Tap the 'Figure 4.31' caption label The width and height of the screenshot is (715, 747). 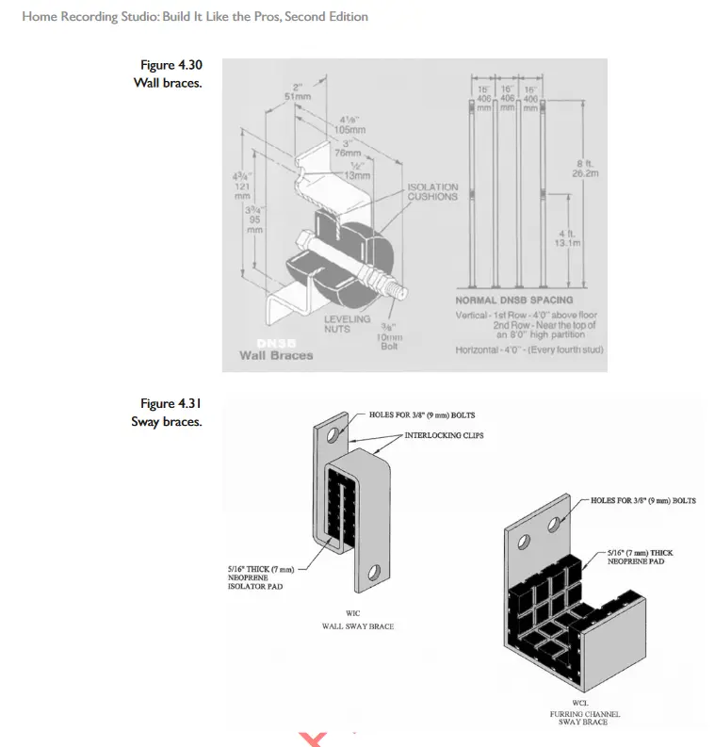(171, 404)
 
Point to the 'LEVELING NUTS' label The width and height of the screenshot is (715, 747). (347, 324)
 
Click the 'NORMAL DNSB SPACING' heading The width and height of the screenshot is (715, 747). (513, 300)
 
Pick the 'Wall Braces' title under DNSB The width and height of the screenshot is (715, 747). (276, 355)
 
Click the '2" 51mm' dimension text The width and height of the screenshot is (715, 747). (297, 90)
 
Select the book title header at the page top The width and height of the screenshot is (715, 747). (194, 16)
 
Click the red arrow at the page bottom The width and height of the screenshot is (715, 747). (312, 739)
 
